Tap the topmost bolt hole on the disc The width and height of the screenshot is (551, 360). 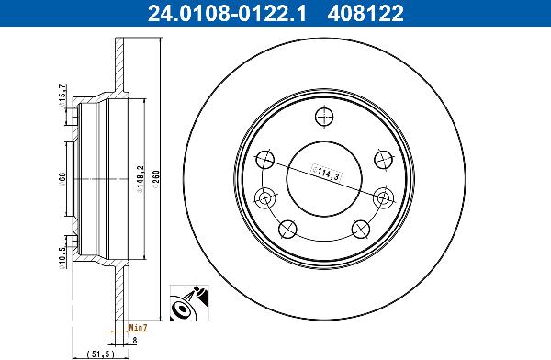tap(322, 117)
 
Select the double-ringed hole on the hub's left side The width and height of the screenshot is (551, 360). tap(265, 197)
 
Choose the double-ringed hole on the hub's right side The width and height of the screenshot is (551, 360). tap(380, 197)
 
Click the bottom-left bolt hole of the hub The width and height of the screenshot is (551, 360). tap(287, 230)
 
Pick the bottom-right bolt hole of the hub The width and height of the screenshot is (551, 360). tap(359, 230)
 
